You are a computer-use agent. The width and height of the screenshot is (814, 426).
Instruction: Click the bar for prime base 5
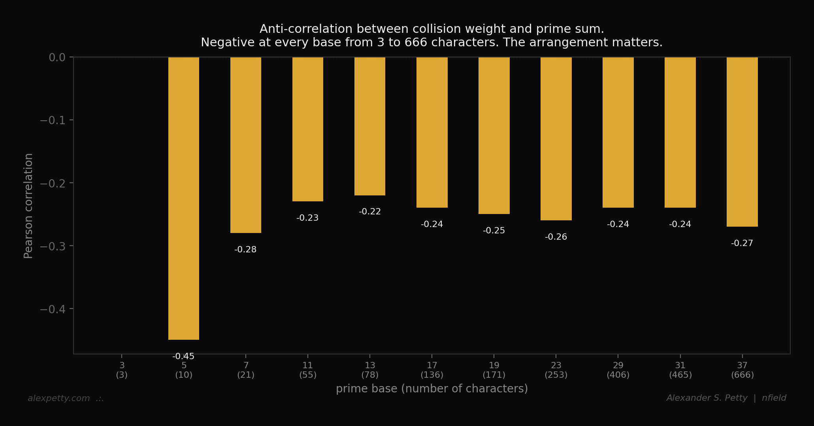point(184,198)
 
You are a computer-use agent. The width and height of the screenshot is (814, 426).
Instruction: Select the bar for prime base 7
point(246,145)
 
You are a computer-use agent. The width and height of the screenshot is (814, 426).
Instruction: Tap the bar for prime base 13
point(370,126)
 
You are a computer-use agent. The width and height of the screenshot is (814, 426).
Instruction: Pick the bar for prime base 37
point(742,142)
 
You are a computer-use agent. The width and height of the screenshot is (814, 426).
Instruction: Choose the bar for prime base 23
point(556,138)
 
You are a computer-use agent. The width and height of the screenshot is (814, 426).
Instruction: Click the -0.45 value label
point(184,356)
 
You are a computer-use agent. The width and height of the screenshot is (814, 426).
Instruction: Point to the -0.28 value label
point(245,250)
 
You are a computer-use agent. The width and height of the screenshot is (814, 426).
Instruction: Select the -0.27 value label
point(742,243)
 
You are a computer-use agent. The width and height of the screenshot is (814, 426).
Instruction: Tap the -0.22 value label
point(370,212)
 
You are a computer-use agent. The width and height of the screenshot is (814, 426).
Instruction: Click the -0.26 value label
point(556,237)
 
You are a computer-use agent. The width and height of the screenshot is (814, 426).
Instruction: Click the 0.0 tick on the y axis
point(57,58)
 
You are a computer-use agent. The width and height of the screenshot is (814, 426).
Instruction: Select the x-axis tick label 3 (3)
point(122,370)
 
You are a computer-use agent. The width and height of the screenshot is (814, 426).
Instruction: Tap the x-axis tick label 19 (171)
point(494,370)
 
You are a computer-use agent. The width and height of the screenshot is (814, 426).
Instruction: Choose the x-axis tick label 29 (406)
point(618,370)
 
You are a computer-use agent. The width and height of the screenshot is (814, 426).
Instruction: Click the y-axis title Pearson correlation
point(28,206)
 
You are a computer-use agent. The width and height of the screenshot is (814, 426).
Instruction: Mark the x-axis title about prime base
point(432,389)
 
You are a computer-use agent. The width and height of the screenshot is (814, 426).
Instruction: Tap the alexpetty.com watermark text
point(59,398)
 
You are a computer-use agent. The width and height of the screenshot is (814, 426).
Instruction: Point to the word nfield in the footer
point(774,398)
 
